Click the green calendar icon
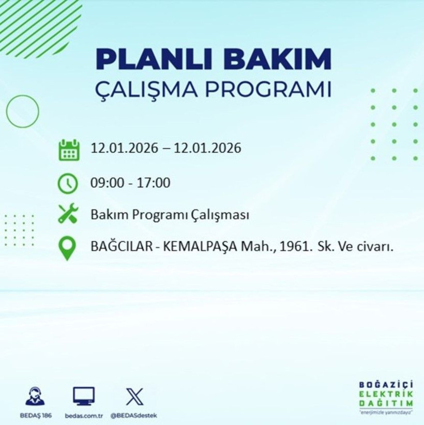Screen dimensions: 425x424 pyautogui.click(x=69, y=149)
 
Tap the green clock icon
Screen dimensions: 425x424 pyautogui.click(x=68, y=183)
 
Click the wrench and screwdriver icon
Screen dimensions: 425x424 pyautogui.click(x=68, y=214)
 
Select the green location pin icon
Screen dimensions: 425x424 pyautogui.click(x=68, y=248)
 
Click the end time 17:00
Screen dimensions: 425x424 pyautogui.click(x=154, y=183)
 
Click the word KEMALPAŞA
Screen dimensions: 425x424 pyautogui.click(x=201, y=247)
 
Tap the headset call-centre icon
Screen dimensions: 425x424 pyautogui.click(x=35, y=396)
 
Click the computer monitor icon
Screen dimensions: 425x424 pyautogui.click(x=83, y=396)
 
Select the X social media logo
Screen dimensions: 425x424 pyautogui.click(x=134, y=396)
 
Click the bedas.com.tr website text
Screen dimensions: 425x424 pyautogui.click(x=83, y=416)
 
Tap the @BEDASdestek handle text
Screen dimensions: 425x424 pyautogui.click(x=134, y=416)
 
